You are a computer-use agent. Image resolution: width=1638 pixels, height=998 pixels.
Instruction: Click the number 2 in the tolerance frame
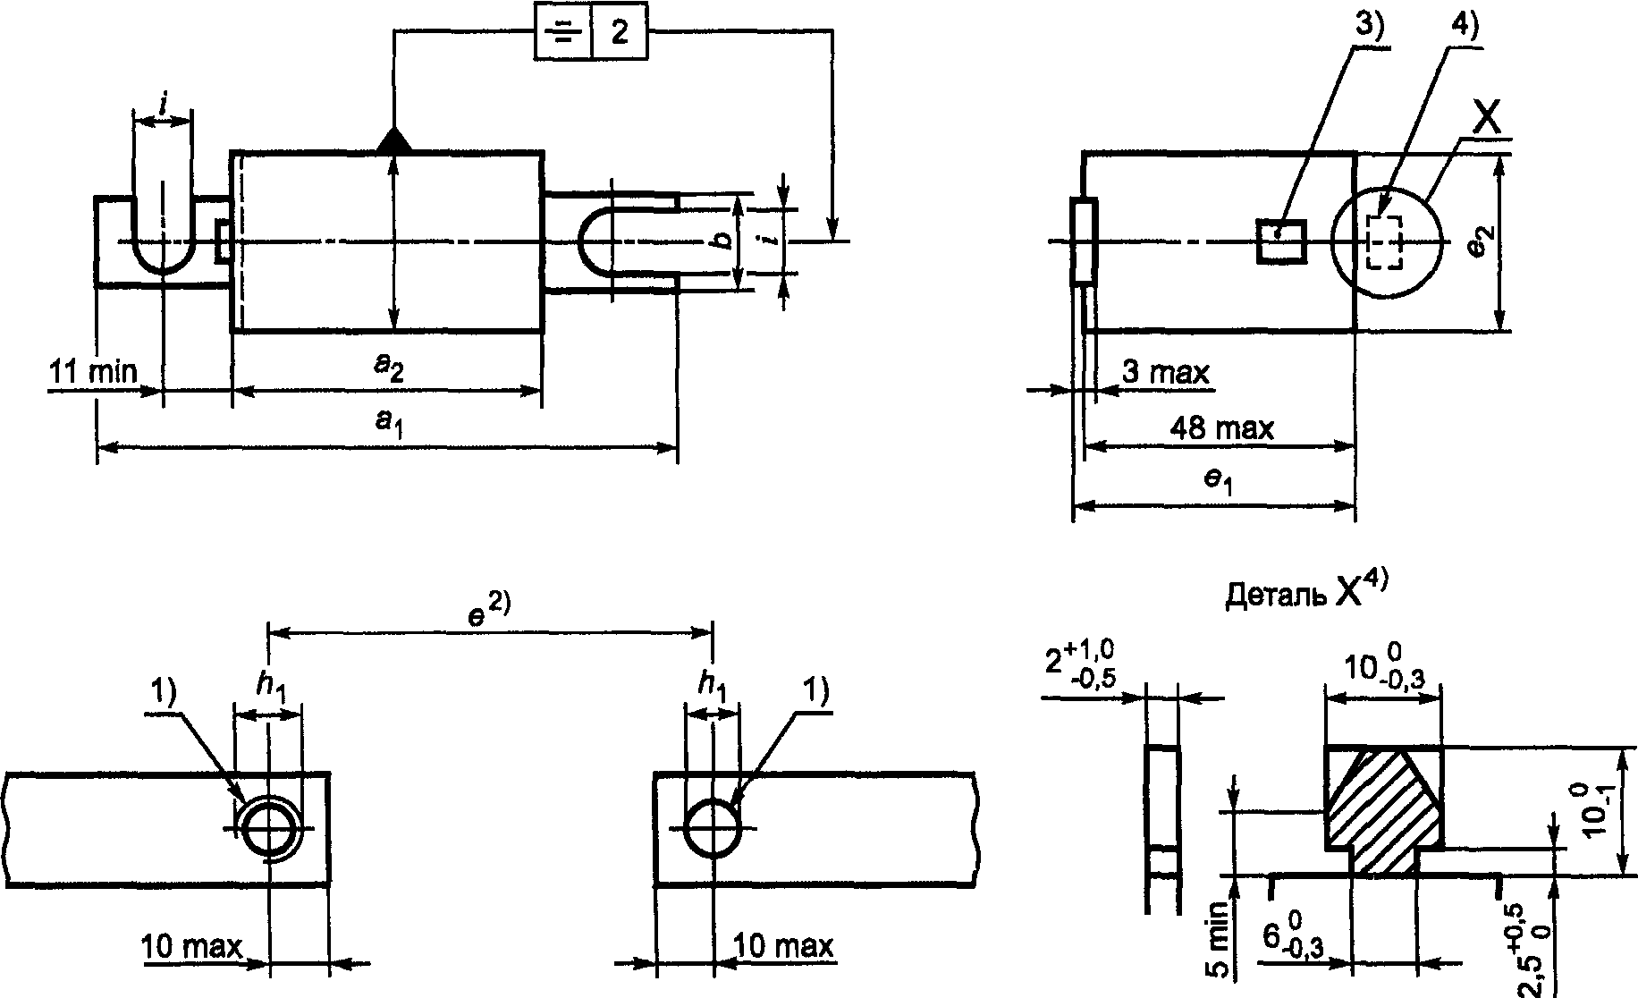pyautogui.click(x=619, y=32)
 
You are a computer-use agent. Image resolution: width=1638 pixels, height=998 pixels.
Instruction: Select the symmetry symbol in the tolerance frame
pyautogui.click(x=562, y=33)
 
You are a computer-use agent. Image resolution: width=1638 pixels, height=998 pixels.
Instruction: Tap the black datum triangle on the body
pyautogui.click(x=393, y=140)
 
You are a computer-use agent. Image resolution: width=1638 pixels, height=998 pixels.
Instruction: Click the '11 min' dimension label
pyautogui.click(x=93, y=370)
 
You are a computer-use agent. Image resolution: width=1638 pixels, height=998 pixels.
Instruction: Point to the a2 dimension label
pyautogui.click(x=387, y=368)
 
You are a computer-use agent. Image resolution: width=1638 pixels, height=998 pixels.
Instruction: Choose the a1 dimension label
pyautogui.click(x=385, y=421)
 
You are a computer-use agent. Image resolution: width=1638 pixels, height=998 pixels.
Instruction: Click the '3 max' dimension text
pyautogui.click(x=1164, y=372)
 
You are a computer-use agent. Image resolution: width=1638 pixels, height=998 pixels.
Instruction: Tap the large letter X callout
pyautogui.click(x=1486, y=122)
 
